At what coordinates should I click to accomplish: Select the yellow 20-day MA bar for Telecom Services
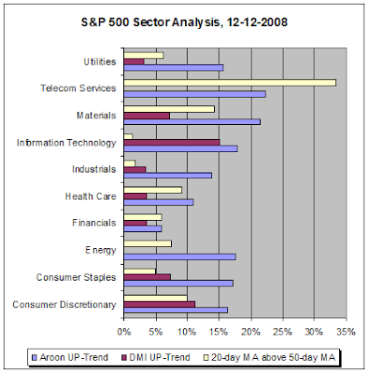230,83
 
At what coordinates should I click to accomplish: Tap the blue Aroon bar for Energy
179,256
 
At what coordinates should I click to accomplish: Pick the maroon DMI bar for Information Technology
172,143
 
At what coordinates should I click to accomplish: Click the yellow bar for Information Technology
128,136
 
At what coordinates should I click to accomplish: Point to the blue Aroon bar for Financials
143,228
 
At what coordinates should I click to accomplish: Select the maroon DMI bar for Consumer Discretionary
160,304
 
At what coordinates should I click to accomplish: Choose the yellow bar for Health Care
153,190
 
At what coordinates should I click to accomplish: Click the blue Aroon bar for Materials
192,122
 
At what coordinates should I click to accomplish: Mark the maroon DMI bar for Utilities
134,62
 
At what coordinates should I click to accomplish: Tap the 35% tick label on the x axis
346,332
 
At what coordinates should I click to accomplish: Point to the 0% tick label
124,332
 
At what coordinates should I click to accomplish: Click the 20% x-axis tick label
251,332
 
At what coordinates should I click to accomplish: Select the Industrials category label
93,170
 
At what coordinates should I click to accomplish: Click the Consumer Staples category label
76,277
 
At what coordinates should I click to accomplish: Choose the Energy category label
101,250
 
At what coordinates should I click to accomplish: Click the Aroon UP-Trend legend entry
70,357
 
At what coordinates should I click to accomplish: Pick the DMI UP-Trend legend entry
156,357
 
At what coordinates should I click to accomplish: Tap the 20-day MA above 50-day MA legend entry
270,357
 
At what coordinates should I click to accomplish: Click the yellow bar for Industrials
130,163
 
